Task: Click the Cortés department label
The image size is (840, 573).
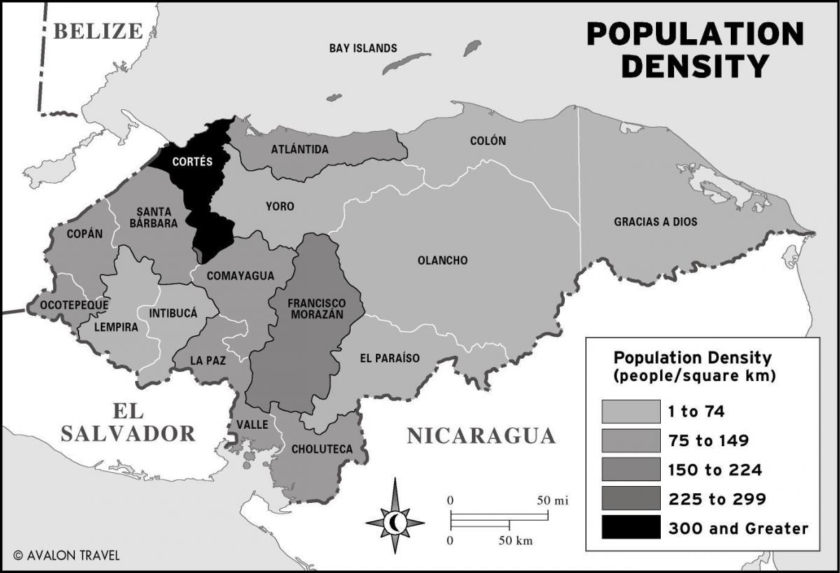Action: (x=193, y=162)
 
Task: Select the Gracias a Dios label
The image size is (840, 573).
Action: (x=655, y=222)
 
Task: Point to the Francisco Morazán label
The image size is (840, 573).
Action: (x=316, y=309)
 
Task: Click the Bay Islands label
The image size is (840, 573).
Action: (x=363, y=48)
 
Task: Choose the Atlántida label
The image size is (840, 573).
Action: (x=300, y=149)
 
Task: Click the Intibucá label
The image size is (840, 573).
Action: (x=173, y=313)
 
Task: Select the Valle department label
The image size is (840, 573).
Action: (x=252, y=424)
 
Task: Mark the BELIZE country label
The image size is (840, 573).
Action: (x=98, y=32)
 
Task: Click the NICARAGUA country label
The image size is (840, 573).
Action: (x=481, y=436)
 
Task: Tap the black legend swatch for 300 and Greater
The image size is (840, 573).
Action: (x=631, y=527)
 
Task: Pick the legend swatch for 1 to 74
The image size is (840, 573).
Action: (x=631, y=411)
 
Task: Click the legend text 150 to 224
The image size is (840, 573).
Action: (x=715, y=469)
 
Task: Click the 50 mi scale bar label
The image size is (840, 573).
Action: (x=552, y=500)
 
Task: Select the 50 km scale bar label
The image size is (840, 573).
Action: (x=515, y=540)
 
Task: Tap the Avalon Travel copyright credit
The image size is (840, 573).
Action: (x=66, y=555)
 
